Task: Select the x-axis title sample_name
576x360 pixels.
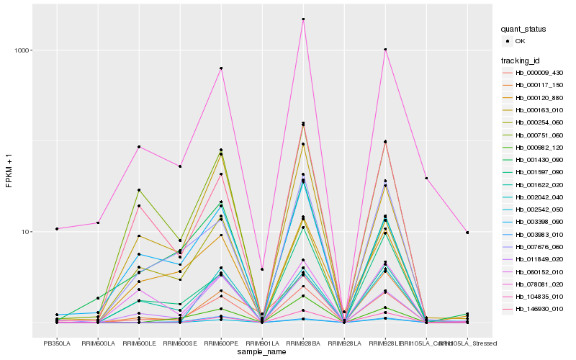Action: pos(262,351)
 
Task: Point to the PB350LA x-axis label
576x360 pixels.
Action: pos(56,343)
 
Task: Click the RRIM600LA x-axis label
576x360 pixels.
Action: pos(98,343)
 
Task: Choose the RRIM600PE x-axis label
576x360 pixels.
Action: pos(221,343)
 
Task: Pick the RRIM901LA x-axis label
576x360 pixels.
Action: pos(262,343)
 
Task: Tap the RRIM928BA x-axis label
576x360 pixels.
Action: pos(303,343)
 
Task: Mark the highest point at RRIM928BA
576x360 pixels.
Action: pos(303,19)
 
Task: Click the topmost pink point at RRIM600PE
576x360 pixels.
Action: pos(221,68)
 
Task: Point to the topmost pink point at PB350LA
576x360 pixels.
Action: pos(56,229)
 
